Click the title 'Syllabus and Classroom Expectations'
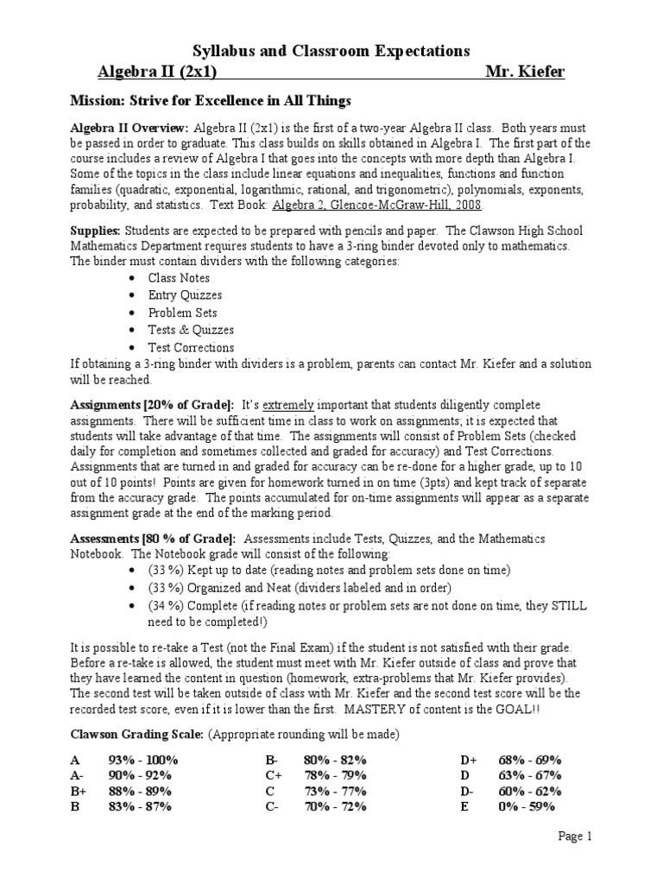(x=331, y=51)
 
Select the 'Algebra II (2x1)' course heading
(x=160, y=72)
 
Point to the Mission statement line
(x=211, y=101)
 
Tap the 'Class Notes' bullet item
(x=179, y=278)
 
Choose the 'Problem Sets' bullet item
(x=182, y=313)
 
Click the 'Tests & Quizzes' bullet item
(x=191, y=330)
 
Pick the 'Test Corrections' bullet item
(x=191, y=347)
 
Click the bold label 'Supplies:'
(x=96, y=230)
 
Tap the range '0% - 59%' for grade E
(x=527, y=806)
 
